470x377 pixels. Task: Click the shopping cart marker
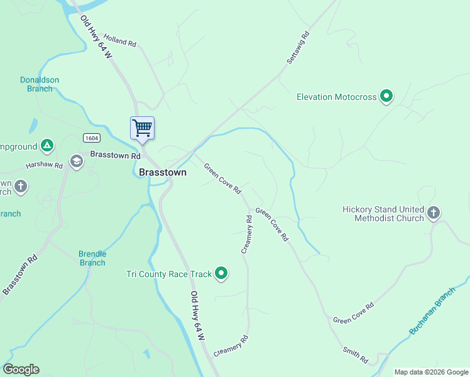click(142, 128)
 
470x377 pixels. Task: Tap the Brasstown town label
click(162, 172)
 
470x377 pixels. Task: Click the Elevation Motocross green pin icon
click(387, 96)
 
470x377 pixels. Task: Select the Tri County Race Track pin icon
click(221, 273)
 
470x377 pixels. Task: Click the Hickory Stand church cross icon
click(433, 214)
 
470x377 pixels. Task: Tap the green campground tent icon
click(46, 146)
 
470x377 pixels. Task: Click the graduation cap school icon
click(77, 162)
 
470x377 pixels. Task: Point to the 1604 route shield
click(90, 138)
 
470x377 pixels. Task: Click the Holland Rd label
click(120, 40)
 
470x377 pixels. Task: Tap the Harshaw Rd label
click(44, 165)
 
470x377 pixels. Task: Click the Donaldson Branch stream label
click(40, 84)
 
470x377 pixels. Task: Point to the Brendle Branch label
click(92, 258)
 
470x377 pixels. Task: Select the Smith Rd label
click(355, 354)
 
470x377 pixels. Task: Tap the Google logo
click(21, 369)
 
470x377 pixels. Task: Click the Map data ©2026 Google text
click(430, 372)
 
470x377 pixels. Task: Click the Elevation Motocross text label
click(336, 97)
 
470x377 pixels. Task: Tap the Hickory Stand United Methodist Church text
click(383, 214)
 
